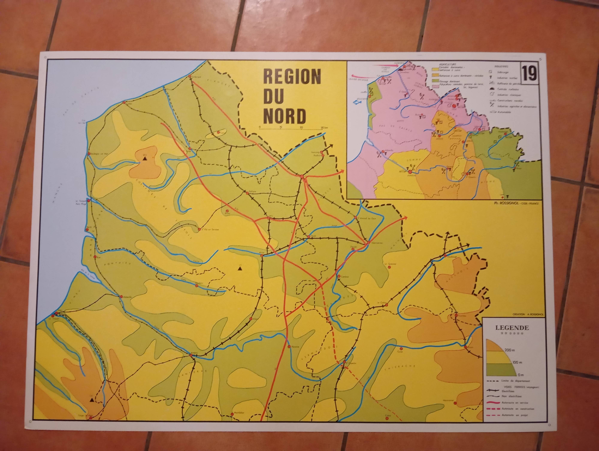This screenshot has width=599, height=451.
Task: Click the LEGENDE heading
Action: pyautogui.click(x=512, y=328)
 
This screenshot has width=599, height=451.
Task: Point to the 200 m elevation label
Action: pyautogui.click(x=509, y=350)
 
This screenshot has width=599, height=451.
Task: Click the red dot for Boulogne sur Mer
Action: pyautogui.click(x=89, y=154)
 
